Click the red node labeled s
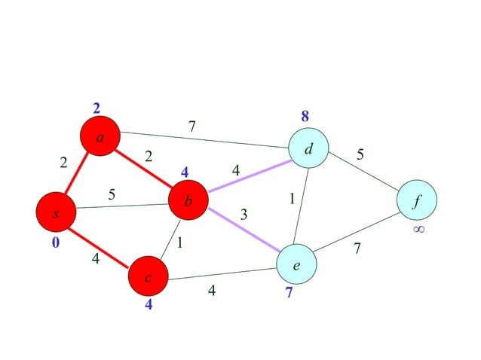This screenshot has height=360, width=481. (x=55, y=212)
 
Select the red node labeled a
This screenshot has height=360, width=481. (x=100, y=136)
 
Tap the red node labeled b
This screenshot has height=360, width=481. (x=188, y=201)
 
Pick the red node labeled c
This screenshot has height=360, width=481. (x=148, y=277)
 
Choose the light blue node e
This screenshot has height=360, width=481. (x=296, y=264)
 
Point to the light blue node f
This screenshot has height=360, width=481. (x=417, y=201)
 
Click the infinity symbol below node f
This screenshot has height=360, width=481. (x=418, y=228)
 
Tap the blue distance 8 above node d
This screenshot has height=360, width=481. (x=305, y=117)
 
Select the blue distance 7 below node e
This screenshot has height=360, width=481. (x=289, y=293)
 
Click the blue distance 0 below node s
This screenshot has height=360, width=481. (x=55, y=243)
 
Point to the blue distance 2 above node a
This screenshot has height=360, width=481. (x=97, y=108)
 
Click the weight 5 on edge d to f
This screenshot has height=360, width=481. (x=360, y=154)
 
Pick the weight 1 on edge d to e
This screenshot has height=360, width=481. (x=292, y=199)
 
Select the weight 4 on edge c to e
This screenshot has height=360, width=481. (x=212, y=289)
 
